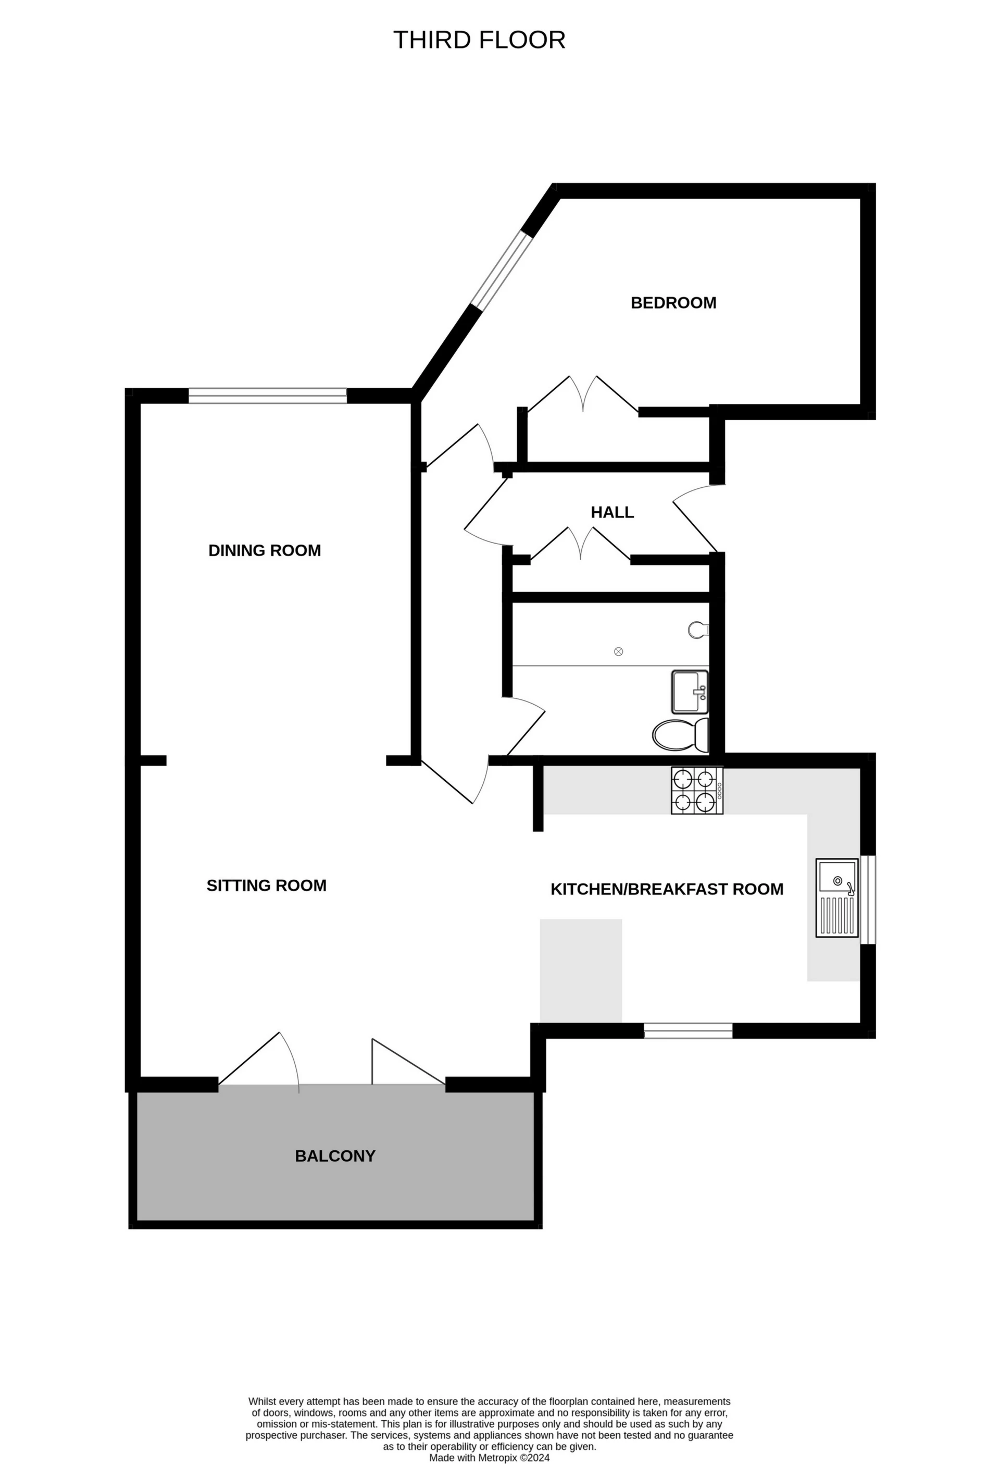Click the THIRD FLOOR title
[x=479, y=40]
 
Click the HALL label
[x=612, y=512]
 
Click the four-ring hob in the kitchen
[x=696, y=791]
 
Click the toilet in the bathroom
[x=680, y=735]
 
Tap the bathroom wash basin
[x=690, y=691]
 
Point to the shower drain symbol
[x=618, y=651]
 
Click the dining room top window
[x=268, y=396]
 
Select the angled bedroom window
[x=502, y=270]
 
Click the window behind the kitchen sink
[x=868, y=899]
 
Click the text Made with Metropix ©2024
[x=489, y=1458]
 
